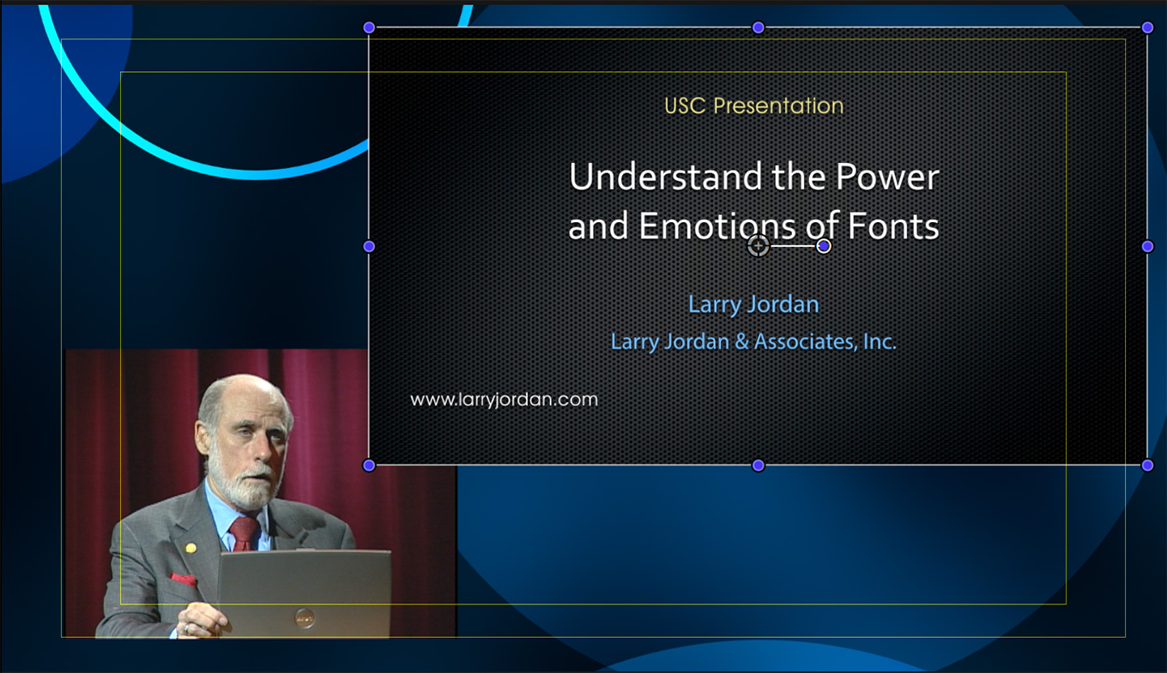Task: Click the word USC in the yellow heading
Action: coord(685,106)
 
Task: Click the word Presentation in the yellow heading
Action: coord(778,105)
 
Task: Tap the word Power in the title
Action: coord(888,177)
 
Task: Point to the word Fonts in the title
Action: coord(893,225)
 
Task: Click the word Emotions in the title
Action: coord(717,225)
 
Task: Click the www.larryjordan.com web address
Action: coord(504,400)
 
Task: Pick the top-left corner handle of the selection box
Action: coord(369,27)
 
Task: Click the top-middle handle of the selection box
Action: coord(758,27)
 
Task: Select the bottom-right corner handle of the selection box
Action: coord(1147,465)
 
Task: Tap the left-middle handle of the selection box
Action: coord(369,246)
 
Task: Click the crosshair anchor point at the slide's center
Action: coord(758,246)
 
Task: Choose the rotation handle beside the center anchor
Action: coord(824,246)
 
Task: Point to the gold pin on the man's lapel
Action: coord(190,548)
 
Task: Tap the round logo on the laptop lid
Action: coord(305,618)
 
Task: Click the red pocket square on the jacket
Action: coord(183,580)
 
